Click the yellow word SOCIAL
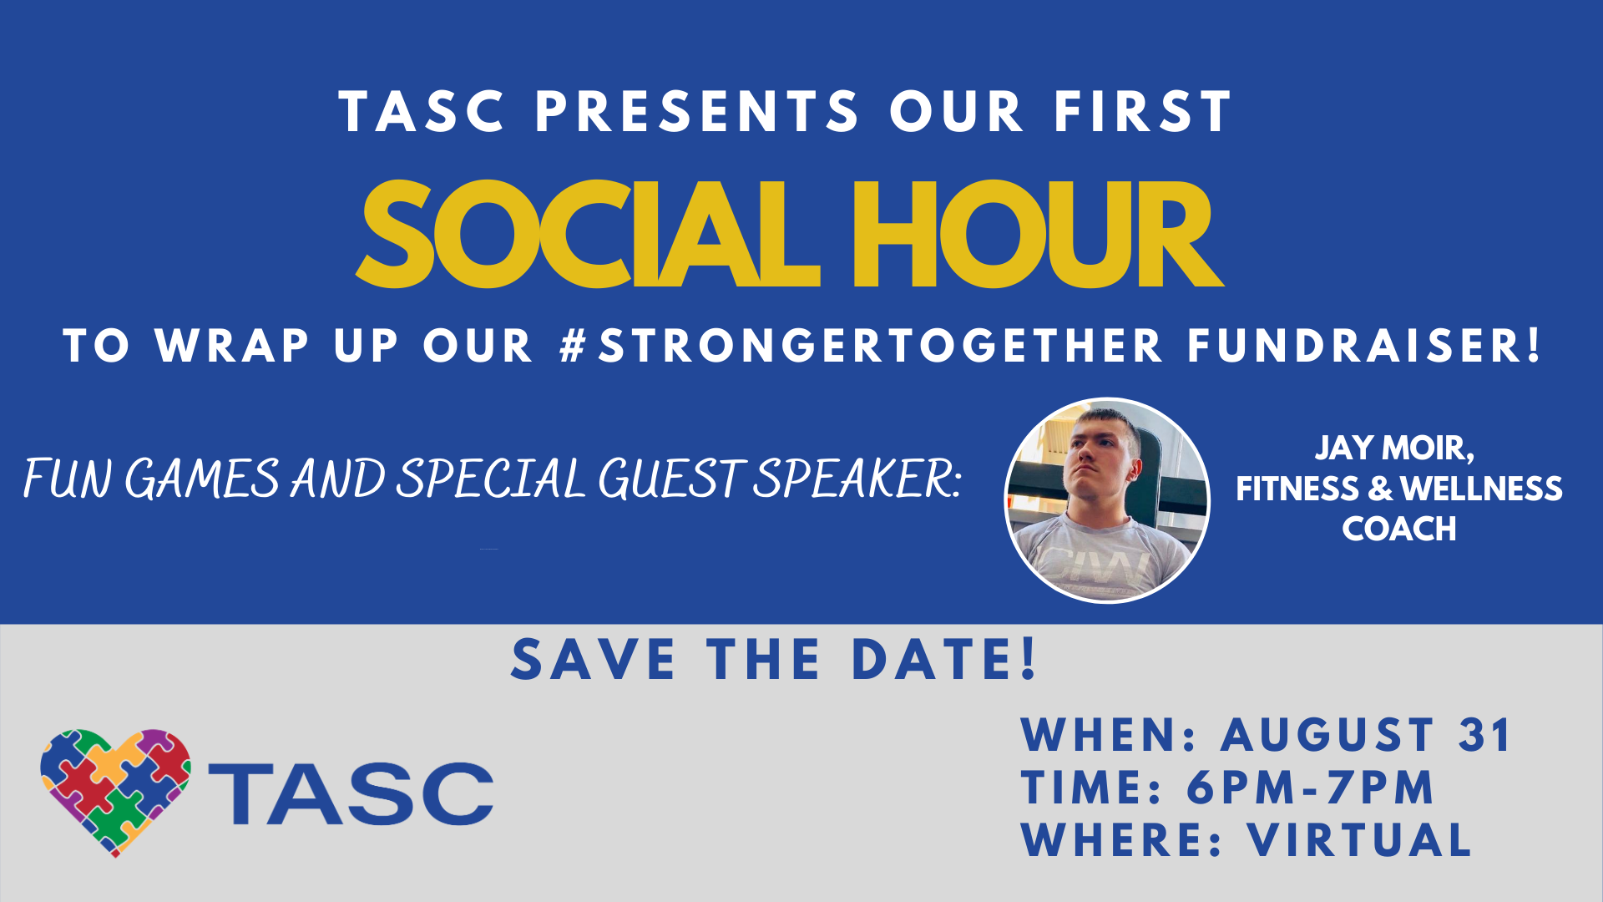[588, 235]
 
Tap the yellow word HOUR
[1037, 235]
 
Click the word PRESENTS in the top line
[697, 112]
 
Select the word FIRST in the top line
[1142, 112]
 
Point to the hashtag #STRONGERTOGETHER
[861, 346]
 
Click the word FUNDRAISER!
[1363, 346]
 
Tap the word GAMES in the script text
[201, 479]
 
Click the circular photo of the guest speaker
[1107, 499]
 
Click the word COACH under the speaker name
[1398, 529]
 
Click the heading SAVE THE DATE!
[774, 659]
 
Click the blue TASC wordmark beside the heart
[351, 793]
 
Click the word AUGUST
[1327, 736]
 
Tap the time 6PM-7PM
[1310, 788]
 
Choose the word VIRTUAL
[1359, 839]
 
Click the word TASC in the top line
[422, 112]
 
